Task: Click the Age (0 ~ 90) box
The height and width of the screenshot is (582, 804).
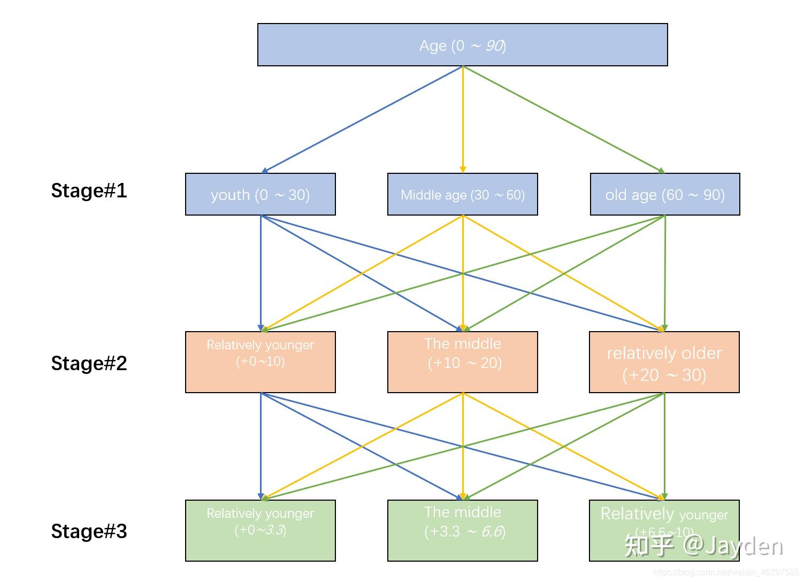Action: [x=462, y=45]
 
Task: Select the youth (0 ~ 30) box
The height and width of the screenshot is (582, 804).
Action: [x=260, y=194]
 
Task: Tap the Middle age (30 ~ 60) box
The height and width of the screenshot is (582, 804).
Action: [x=462, y=194]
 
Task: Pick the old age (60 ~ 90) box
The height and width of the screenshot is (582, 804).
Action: [x=664, y=194]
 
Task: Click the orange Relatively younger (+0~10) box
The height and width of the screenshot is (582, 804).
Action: [x=260, y=362]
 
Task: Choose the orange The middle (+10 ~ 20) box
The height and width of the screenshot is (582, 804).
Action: [x=462, y=362]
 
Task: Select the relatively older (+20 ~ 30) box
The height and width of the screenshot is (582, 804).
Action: [x=664, y=362]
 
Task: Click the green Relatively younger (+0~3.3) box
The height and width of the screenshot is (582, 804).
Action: [x=260, y=531]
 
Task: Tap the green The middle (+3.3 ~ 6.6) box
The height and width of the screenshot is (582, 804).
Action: [x=462, y=531]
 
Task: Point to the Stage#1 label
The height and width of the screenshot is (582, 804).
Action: [x=89, y=191]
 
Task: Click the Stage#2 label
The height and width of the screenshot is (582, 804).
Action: [x=89, y=364]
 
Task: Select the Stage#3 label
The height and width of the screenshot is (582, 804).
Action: [x=89, y=532]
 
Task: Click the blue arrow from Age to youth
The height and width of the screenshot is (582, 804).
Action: [x=362, y=119]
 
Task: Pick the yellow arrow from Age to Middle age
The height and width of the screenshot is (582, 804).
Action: [x=463, y=119]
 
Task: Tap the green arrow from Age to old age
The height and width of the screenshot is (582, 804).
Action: [x=563, y=119]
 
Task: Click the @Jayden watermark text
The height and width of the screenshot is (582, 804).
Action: [x=733, y=545]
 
